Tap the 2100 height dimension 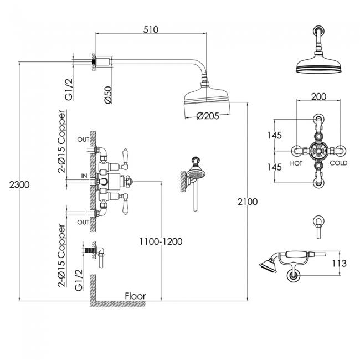coord(246,202)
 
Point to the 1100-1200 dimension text coord(160,241)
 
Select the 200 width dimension coord(318,96)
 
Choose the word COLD coord(338,164)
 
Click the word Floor coord(135,296)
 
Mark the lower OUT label coord(83,222)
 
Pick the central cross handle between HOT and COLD coord(318,150)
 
